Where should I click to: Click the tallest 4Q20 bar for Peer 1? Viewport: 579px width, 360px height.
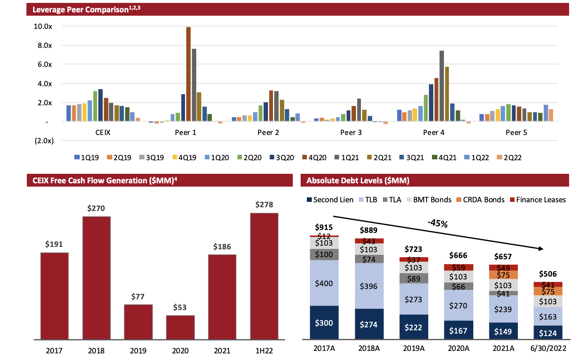pyautogui.click(x=188, y=74)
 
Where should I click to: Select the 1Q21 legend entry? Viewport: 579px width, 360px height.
pyautogui.click(x=346, y=158)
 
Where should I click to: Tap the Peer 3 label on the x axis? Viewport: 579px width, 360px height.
pyautogui.click(x=351, y=133)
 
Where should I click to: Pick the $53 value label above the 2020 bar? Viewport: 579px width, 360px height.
pyautogui.click(x=180, y=307)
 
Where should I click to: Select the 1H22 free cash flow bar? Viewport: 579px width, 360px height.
pyautogui.click(x=264, y=276)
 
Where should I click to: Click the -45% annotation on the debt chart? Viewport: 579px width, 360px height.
pyautogui.click(x=438, y=223)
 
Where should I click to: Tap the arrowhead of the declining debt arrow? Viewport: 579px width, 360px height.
pyautogui.click(x=541, y=248)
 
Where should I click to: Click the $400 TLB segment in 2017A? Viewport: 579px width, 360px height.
pyautogui.click(x=324, y=283)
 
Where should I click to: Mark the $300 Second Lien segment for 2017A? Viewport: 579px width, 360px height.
pyautogui.click(x=324, y=323)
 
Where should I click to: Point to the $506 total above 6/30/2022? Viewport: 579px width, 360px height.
pyautogui.click(x=548, y=274)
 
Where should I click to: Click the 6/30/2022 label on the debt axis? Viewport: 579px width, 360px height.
pyautogui.click(x=548, y=348)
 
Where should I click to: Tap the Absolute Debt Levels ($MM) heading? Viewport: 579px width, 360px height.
pyautogui.click(x=358, y=180)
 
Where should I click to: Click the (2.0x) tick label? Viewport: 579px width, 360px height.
pyautogui.click(x=44, y=141)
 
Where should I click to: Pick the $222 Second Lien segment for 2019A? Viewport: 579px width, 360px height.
pyautogui.click(x=413, y=327)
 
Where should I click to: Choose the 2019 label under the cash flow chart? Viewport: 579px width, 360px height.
pyautogui.click(x=138, y=351)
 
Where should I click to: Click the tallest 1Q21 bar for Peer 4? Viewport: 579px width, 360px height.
pyautogui.click(x=441, y=86)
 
